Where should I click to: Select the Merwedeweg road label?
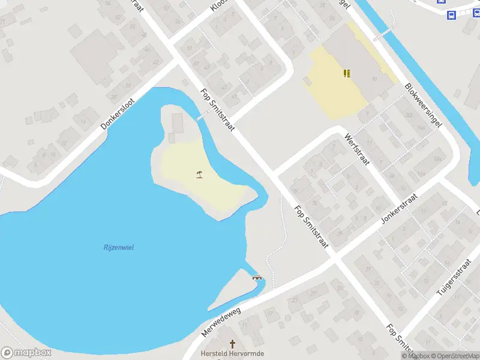coord(220,322)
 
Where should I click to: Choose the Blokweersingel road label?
coord(424,106)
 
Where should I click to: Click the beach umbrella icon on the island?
coord(199,175)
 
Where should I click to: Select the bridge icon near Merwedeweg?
coord(257,277)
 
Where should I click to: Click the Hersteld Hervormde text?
coord(232,353)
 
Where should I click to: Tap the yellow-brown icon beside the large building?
coord(346,73)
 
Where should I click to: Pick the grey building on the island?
coord(178,123)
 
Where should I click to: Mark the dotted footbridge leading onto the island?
coord(199,118)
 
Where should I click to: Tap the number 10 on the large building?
coord(374,79)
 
